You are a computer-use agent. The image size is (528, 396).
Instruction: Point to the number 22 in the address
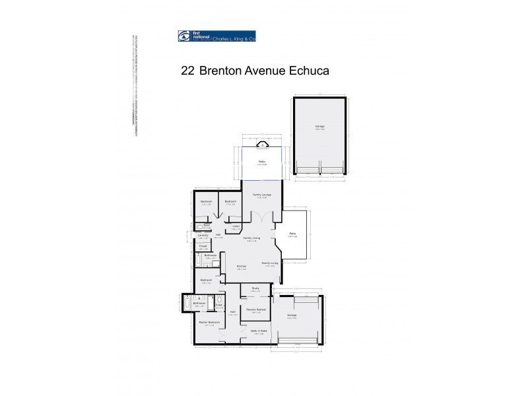pos(187,69)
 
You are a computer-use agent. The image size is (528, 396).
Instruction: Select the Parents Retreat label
pos(255,309)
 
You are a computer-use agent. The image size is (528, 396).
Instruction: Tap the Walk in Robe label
pos(259,331)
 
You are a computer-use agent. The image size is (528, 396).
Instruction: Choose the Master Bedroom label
pos(208,322)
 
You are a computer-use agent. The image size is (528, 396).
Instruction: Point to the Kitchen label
pos(242,267)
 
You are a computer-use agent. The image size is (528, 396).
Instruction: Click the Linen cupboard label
pos(236,227)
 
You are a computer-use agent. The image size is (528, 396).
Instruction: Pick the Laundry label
pos(203,235)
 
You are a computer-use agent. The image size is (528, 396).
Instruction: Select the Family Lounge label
pos(262,195)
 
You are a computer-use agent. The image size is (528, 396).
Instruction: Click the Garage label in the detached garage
pos(319,126)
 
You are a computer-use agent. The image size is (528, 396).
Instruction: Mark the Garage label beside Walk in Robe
pos(292,315)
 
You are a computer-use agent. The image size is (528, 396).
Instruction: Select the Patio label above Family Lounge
pos(261,162)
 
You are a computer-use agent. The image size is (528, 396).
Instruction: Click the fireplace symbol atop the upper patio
pos(262,147)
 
